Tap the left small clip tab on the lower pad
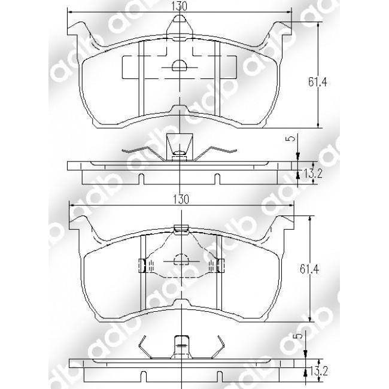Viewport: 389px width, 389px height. [142, 264]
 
